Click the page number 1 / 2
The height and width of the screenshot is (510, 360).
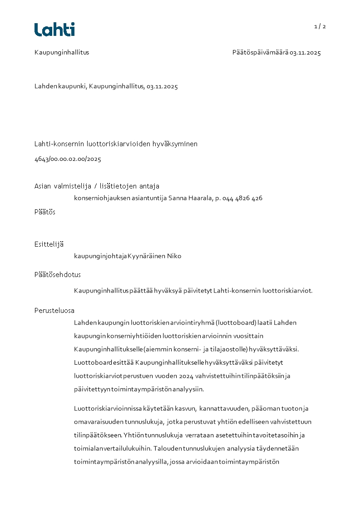(320, 26)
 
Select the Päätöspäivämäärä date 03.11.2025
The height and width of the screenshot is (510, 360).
(306, 53)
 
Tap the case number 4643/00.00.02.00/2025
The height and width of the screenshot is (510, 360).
(68, 159)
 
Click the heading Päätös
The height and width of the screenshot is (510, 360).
(45, 212)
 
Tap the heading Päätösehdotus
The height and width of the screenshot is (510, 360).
(58, 275)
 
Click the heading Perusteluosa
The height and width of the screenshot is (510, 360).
(54, 311)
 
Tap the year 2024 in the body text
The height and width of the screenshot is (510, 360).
(186, 376)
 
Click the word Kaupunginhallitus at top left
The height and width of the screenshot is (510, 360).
(62, 52)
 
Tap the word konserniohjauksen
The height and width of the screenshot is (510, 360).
(98, 198)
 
